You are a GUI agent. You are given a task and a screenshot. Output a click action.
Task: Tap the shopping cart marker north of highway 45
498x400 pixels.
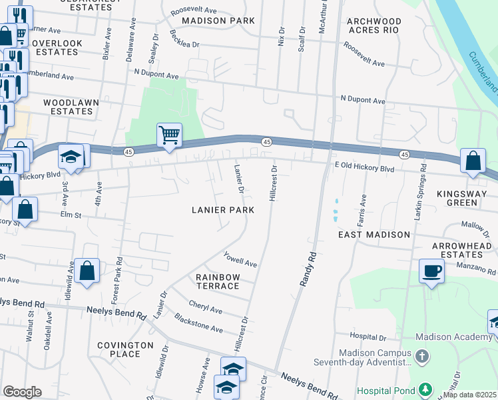coord(170,135)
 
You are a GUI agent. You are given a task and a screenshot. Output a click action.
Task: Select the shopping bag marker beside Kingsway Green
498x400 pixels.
coord(473,161)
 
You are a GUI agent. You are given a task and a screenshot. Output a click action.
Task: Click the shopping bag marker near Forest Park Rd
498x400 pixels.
coord(87,271)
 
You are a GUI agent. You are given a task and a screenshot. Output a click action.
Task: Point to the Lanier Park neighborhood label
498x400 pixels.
coord(223,209)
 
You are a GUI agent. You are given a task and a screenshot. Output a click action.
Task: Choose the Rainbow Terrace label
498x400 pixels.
coord(217,281)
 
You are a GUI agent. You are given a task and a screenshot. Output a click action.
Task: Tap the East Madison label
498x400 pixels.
coord(374,235)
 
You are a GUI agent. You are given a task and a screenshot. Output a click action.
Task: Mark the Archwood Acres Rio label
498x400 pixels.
coord(373,25)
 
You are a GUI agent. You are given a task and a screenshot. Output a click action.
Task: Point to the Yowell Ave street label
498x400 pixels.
coord(240,259)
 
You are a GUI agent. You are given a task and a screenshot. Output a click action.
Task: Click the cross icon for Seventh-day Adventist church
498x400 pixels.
coord(421,357)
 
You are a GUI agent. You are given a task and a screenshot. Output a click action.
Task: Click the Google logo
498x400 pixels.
coord(22,392)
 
